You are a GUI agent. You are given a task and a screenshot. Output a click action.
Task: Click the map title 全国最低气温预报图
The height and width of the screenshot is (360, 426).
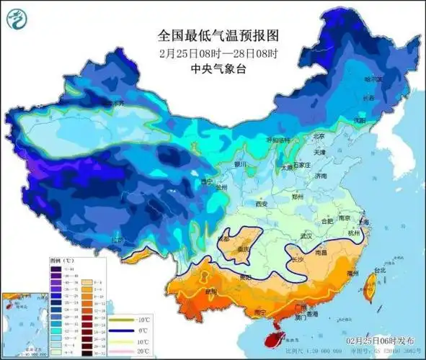217,35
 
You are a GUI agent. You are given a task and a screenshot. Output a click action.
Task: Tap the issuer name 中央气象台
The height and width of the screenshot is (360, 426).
217,70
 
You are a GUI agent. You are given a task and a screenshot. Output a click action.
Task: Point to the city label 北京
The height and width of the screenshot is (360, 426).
318,136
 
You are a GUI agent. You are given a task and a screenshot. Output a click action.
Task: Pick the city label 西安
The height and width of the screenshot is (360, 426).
260,205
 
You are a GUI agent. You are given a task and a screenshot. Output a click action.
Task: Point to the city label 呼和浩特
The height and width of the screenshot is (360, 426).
277,140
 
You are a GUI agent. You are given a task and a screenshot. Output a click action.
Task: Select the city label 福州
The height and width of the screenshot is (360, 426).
352,274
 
